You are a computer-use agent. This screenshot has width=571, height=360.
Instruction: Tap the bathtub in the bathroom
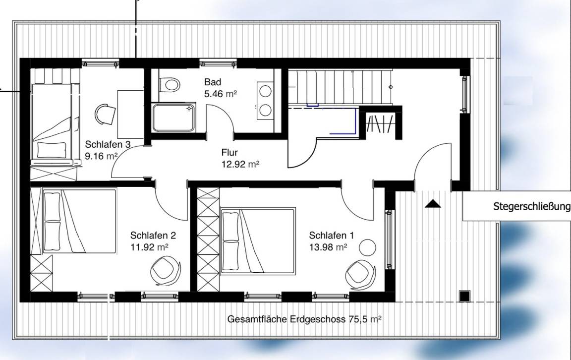point(173,118)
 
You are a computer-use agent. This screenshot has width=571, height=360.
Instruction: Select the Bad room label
point(212,82)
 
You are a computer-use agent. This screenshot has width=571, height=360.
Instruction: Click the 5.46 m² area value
point(220,94)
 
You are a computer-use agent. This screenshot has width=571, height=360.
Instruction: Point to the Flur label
point(229,153)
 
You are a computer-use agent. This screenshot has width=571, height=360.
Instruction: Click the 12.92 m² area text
point(240,164)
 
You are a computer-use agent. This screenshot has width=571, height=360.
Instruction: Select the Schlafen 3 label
point(108,144)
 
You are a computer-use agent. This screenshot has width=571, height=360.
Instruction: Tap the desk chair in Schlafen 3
point(105,114)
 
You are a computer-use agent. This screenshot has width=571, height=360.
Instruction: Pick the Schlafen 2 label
point(153,236)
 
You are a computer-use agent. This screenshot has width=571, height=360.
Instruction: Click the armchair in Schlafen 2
point(166,270)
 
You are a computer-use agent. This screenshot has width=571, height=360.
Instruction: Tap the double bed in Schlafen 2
point(79,221)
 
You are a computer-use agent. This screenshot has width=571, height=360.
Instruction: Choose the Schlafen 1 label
point(331,236)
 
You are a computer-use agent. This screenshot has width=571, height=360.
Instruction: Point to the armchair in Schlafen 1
point(360,274)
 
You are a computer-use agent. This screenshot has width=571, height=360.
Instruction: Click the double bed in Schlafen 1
point(257,240)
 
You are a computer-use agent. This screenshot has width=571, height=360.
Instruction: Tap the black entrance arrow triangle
point(433,204)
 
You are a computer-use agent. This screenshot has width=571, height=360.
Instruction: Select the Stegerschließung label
point(531,207)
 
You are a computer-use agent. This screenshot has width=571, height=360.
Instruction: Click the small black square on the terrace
point(464,296)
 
